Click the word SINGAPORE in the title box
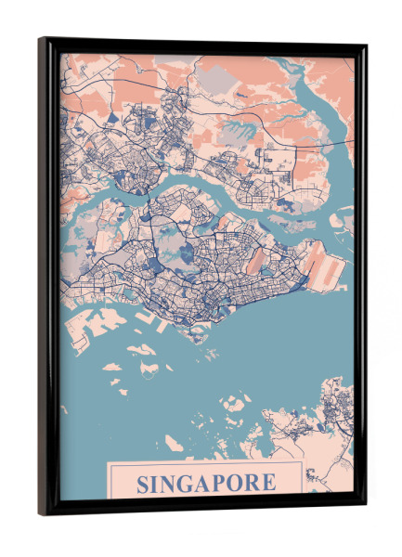(206, 483)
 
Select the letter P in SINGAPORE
(224, 484)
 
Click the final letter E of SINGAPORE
(269, 484)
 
